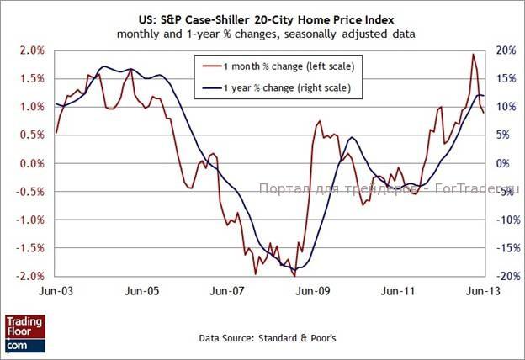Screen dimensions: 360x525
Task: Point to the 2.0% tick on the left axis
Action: (x=32, y=50)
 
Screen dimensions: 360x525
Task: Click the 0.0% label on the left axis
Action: (x=32, y=163)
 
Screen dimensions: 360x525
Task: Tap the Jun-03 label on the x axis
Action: (x=56, y=291)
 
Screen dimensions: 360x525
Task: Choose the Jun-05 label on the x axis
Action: (x=141, y=291)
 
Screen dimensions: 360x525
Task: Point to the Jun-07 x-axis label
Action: (x=227, y=291)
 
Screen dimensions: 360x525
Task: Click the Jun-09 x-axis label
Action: (x=312, y=291)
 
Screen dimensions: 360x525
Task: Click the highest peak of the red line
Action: (x=473, y=55)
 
